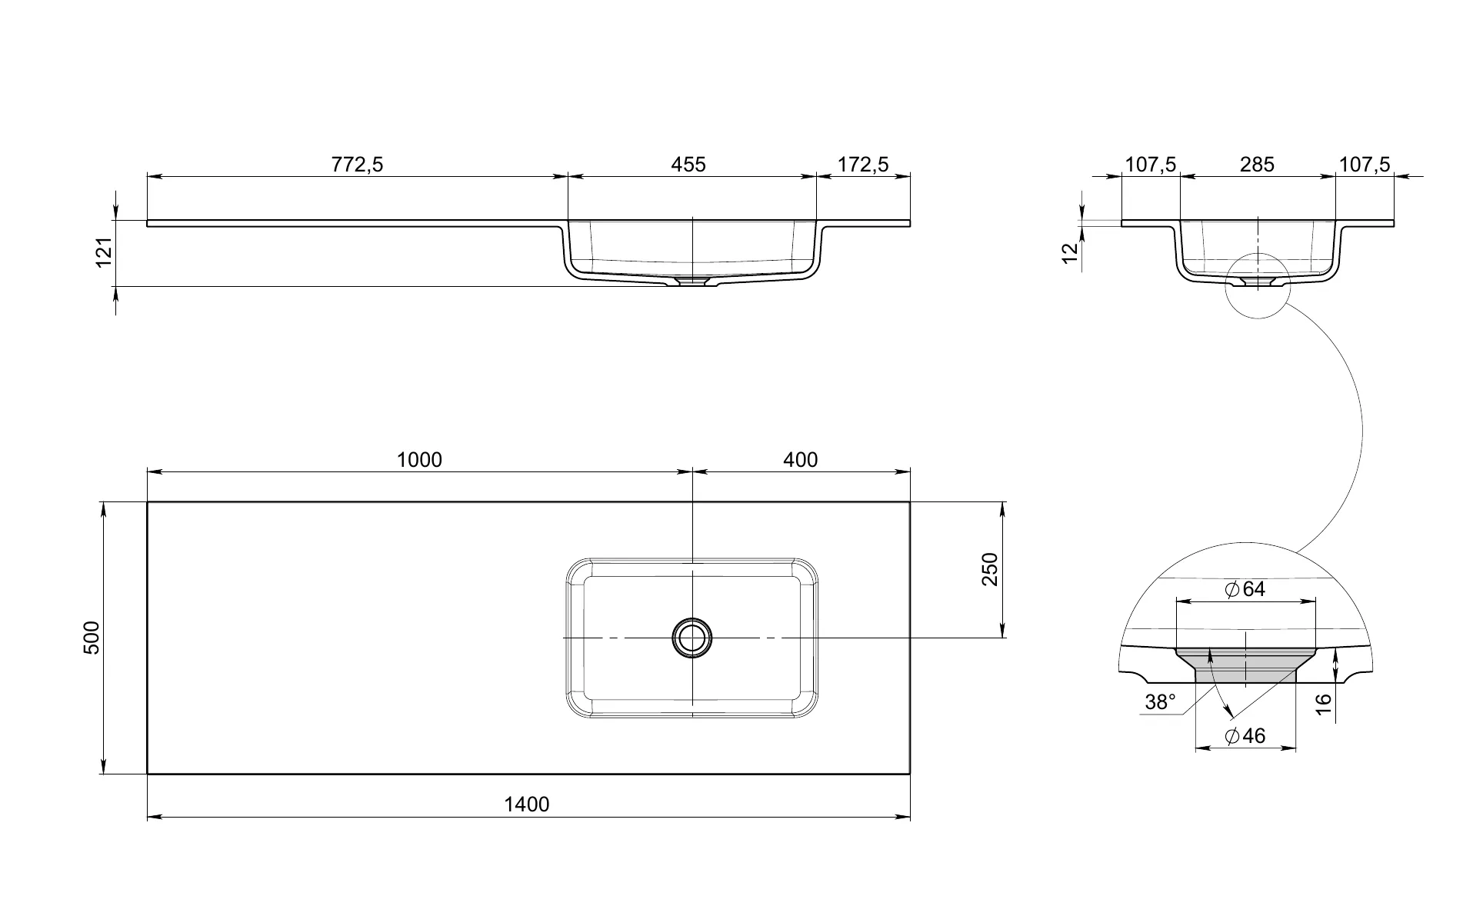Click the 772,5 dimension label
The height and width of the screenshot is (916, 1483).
(357, 165)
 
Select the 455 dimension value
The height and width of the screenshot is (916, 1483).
(688, 165)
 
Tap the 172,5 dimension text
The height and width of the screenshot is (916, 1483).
(863, 165)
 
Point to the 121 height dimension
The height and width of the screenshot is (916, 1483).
(104, 252)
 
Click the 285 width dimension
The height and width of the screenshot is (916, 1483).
(1258, 165)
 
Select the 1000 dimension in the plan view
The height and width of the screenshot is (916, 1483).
(419, 460)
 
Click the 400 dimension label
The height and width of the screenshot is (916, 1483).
(801, 460)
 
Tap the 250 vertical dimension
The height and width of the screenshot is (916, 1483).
(990, 569)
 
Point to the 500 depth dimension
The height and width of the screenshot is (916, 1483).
(92, 637)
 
